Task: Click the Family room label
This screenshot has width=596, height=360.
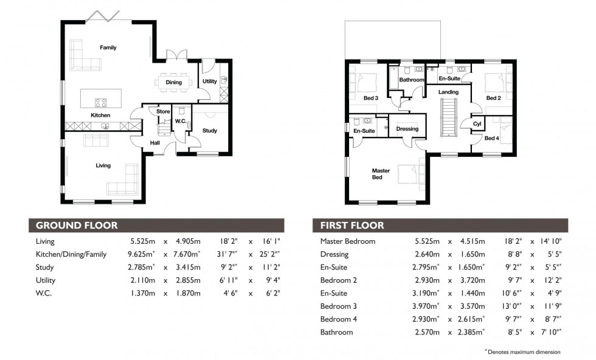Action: tap(108, 47)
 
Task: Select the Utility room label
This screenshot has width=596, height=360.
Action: tap(210, 81)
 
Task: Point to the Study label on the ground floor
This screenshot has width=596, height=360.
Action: tap(210, 130)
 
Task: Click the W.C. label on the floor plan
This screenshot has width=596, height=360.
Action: tap(180, 120)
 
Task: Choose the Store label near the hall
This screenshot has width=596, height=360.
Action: tap(163, 111)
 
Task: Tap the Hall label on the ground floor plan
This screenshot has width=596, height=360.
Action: tap(155, 143)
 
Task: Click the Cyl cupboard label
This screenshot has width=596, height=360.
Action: tap(477, 124)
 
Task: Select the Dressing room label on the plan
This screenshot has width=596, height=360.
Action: tap(407, 129)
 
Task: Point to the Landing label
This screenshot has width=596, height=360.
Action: tap(449, 92)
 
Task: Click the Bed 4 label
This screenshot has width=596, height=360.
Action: tap(491, 138)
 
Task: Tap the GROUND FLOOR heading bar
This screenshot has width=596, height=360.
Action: tap(156, 225)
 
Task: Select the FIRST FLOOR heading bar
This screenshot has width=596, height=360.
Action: tap(440, 225)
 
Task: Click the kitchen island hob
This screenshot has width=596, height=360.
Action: tap(100, 102)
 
